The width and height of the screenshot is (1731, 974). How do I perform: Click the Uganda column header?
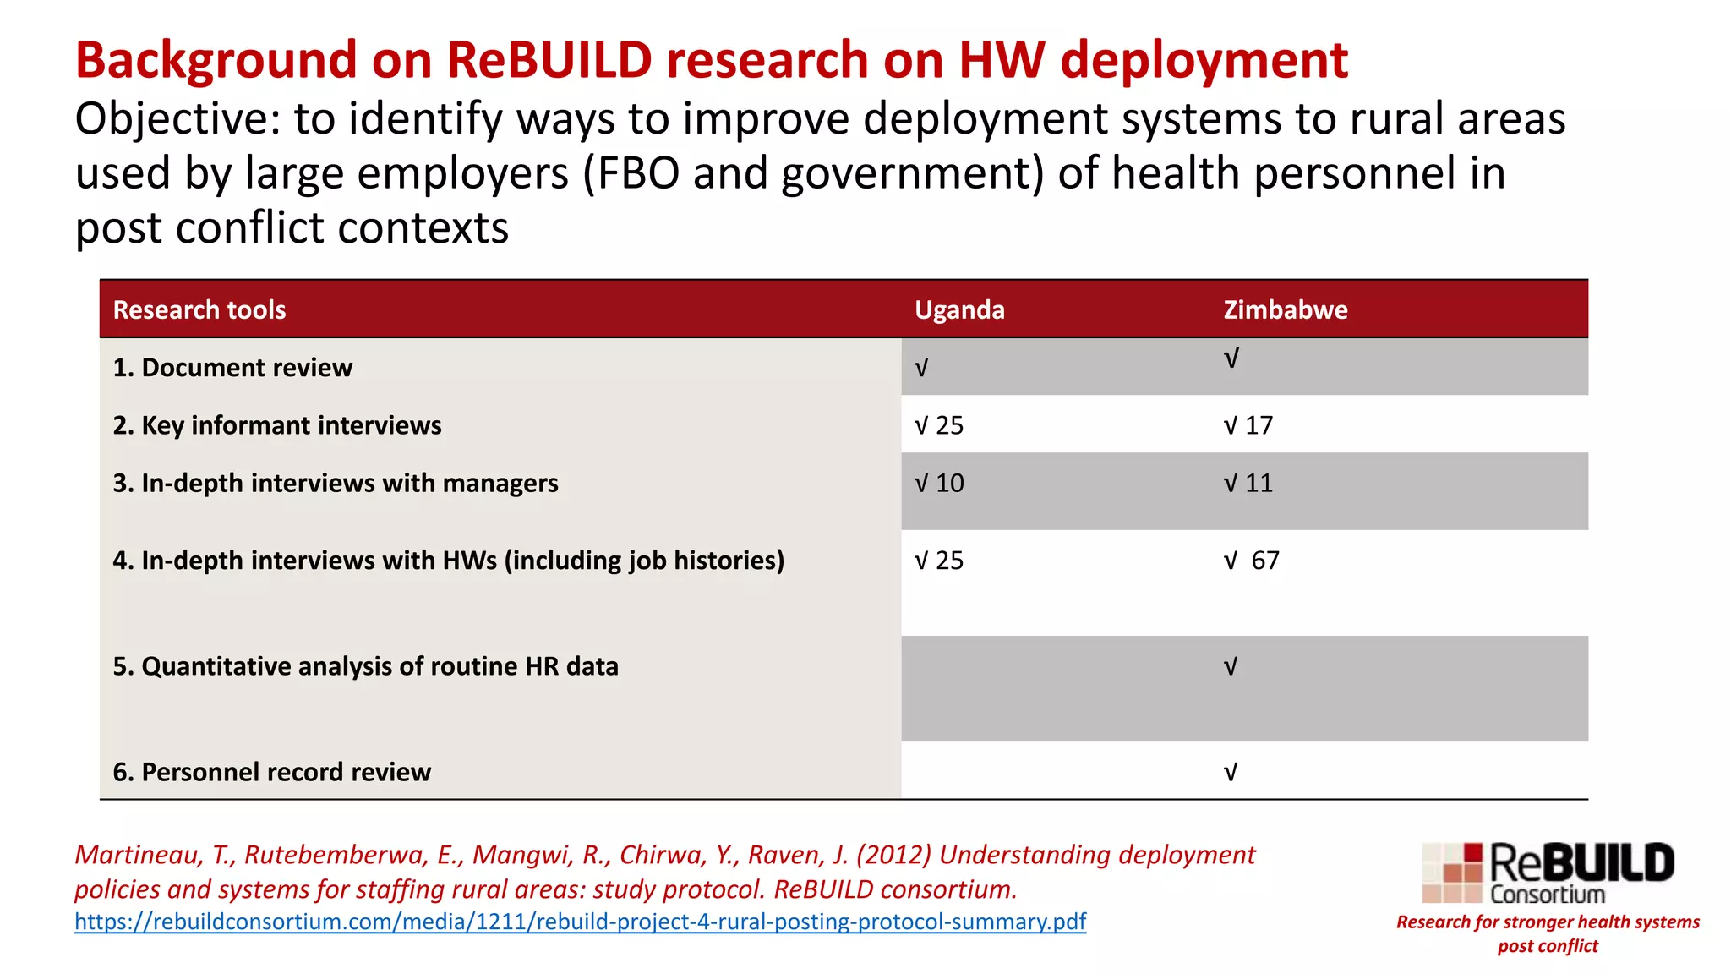coord(959,310)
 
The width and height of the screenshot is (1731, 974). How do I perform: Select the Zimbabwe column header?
coord(1285,310)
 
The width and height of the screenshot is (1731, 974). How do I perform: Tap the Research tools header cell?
coord(199,310)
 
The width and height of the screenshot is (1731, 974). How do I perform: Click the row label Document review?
coord(232,368)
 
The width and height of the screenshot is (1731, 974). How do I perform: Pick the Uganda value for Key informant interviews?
coord(939,425)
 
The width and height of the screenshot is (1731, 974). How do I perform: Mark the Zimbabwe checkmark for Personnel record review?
coord(1231,773)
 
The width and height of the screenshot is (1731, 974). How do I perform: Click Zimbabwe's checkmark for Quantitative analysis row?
coord(1231,667)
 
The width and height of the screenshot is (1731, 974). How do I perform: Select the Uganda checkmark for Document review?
coord(921,369)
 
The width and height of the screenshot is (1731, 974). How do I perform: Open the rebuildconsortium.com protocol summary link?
coord(580,922)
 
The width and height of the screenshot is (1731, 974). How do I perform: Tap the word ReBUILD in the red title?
coord(549,60)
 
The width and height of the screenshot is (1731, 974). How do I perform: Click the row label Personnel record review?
coord(271,772)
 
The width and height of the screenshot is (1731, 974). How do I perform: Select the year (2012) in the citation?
coord(893,855)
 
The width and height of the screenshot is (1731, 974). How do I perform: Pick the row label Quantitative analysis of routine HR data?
coord(365,666)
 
